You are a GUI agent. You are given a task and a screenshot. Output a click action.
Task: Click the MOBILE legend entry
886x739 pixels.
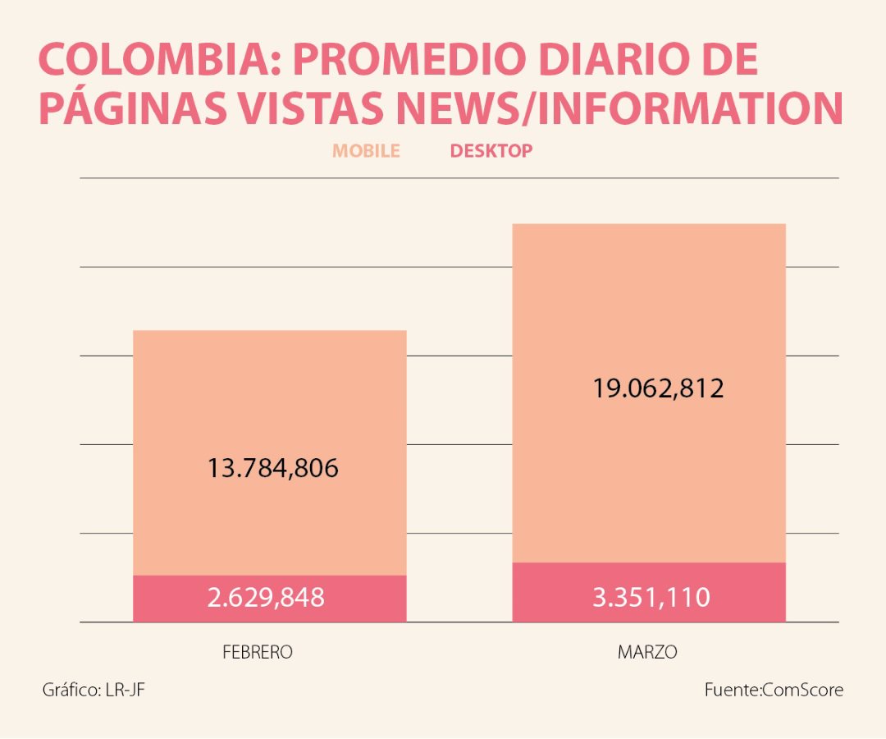[366, 151]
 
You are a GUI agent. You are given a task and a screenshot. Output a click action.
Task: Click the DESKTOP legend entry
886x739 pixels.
[491, 151]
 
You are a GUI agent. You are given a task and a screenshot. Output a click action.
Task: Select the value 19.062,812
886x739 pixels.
[658, 388]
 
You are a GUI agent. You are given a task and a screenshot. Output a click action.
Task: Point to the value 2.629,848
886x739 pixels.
[266, 598]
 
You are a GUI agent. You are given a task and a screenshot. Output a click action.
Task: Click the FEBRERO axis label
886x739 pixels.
[258, 653]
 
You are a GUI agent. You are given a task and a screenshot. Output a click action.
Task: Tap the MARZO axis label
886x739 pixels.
[647, 653]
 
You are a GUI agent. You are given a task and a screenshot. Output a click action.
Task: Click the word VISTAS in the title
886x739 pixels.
[330, 108]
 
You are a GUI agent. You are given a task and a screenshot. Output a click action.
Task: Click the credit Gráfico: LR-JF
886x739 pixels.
[94, 690]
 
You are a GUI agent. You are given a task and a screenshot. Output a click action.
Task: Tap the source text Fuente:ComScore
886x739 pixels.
[773, 690]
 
